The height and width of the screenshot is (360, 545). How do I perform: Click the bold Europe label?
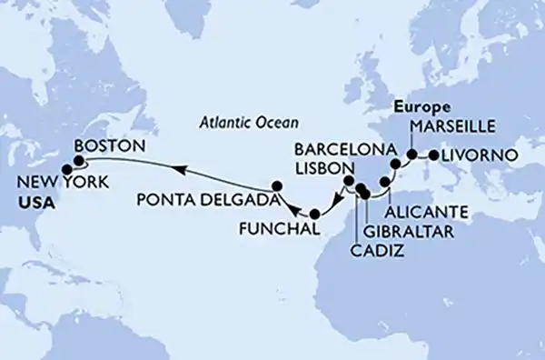[420, 107]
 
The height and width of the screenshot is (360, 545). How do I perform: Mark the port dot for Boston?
[79, 161]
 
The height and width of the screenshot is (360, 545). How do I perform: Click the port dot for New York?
[65, 168]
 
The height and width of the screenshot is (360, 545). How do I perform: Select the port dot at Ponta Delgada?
[279, 186]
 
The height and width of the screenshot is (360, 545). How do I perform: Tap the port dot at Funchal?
[315, 215]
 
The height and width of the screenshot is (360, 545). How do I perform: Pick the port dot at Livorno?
[432, 155]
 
